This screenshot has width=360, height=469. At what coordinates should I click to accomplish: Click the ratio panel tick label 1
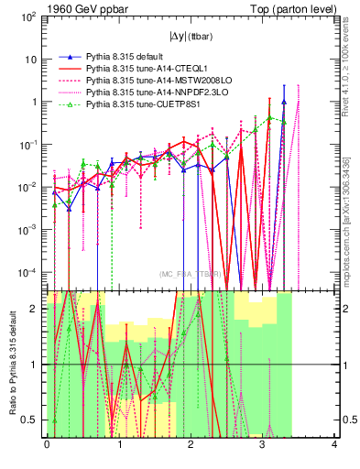coord(36,365)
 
